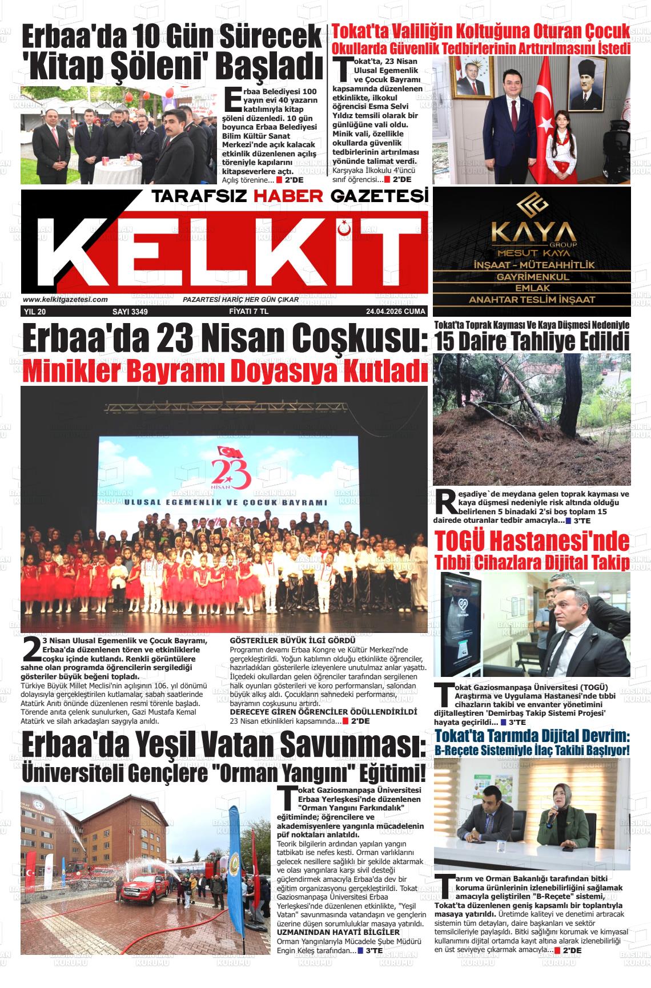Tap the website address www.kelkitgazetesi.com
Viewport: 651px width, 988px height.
65,300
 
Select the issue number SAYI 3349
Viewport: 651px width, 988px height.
130,312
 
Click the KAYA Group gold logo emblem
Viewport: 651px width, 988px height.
532,205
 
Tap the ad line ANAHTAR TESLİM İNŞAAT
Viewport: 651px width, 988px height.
532,299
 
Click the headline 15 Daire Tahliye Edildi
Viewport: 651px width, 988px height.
532,341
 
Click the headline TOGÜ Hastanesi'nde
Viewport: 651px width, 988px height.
532,541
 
